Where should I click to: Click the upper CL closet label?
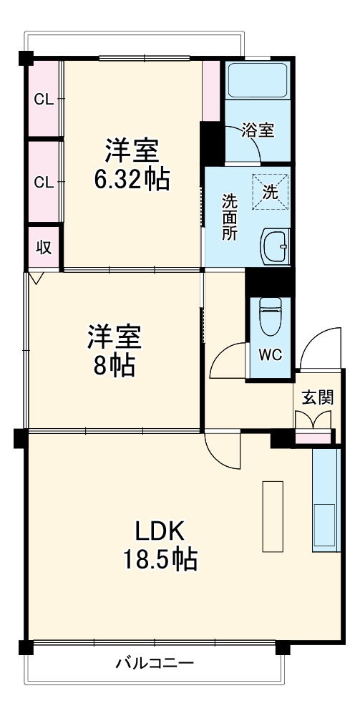point(44,100)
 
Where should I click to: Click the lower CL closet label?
point(44,182)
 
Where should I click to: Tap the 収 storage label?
point(44,248)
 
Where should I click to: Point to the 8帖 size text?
point(115,366)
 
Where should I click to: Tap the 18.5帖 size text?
point(161,558)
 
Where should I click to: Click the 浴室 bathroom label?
point(258,130)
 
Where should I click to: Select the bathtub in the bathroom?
point(258,80)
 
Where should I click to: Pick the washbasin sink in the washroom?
point(275,247)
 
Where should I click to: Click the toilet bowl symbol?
point(269,316)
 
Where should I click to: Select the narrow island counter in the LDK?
point(273,516)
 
